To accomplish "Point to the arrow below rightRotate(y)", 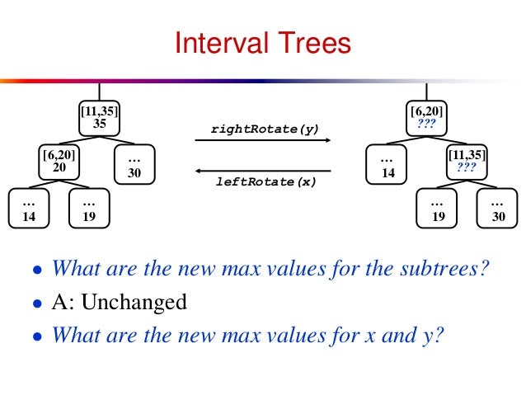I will coord(262,141).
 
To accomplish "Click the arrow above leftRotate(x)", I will coord(262,170).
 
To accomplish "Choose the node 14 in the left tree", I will coord(28,209).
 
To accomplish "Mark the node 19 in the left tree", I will coord(89,209).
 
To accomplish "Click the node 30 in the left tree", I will coord(134,166).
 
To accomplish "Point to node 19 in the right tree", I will coord(438,209).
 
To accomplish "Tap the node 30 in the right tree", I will coord(497,209).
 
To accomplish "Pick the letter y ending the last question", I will coord(434,337).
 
